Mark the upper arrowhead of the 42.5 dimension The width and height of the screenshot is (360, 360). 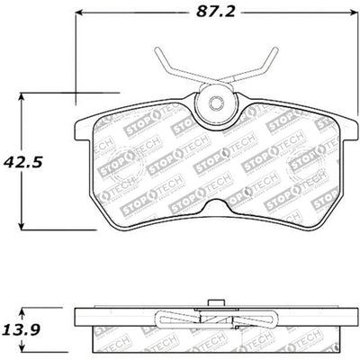coord(24,93)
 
